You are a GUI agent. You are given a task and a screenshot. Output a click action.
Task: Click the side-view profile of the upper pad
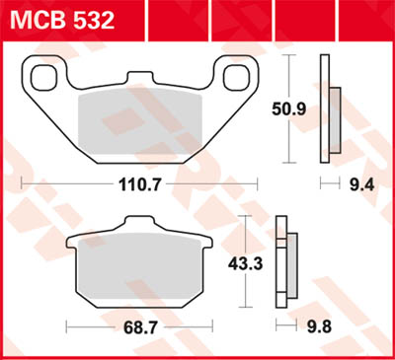329,109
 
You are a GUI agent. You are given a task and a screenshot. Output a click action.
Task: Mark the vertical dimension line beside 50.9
288,108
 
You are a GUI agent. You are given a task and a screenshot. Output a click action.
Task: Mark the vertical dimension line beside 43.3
249,264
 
